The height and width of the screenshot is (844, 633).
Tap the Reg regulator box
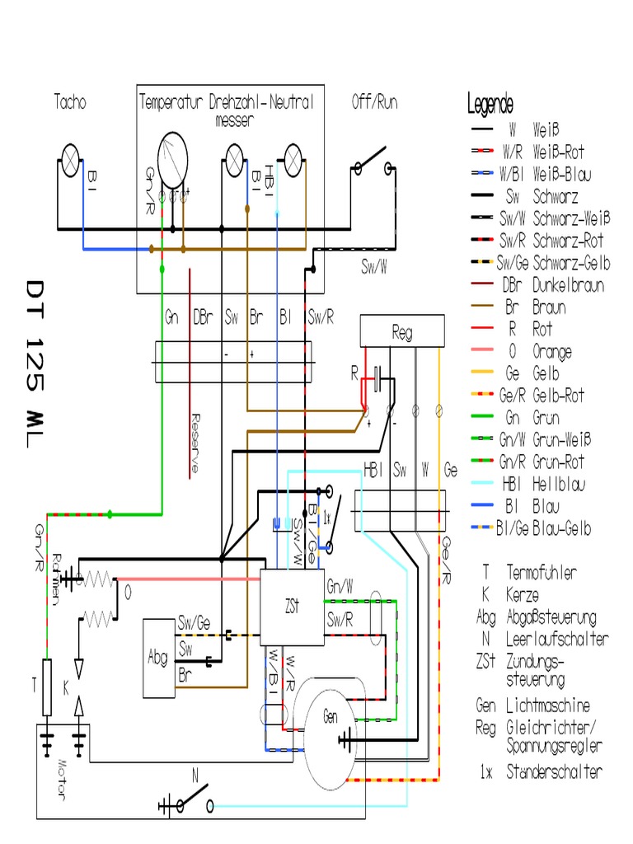pos(402,333)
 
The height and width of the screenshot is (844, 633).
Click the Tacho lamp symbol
pos(70,157)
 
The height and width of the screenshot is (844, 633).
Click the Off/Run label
pos(374,103)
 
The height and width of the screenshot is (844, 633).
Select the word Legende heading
pos(490,105)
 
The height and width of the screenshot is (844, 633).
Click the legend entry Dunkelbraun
pos(569,285)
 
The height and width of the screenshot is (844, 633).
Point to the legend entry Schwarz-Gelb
pos(571,263)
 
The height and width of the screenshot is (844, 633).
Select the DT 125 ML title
pos(37,363)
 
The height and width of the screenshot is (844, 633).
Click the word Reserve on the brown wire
pos(195,442)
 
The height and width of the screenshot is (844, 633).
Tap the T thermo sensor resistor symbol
pos(47,677)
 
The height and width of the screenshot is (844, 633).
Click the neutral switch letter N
pos(195,775)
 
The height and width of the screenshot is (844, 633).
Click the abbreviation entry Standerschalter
pos(554,772)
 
